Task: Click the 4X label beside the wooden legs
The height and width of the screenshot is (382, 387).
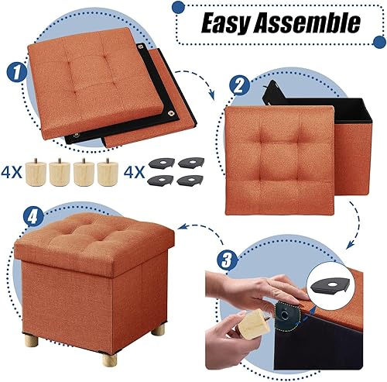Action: coord(15,171)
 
